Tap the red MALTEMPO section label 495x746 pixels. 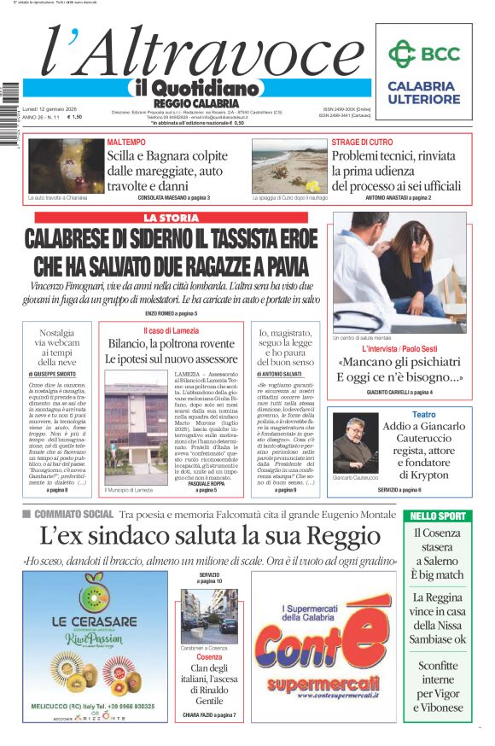tap(126, 142)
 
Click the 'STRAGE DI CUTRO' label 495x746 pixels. tap(362, 142)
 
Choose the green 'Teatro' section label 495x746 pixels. tap(424, 414)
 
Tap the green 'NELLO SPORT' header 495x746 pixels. tap(439, 516)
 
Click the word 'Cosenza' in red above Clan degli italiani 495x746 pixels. tap(209, 657)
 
